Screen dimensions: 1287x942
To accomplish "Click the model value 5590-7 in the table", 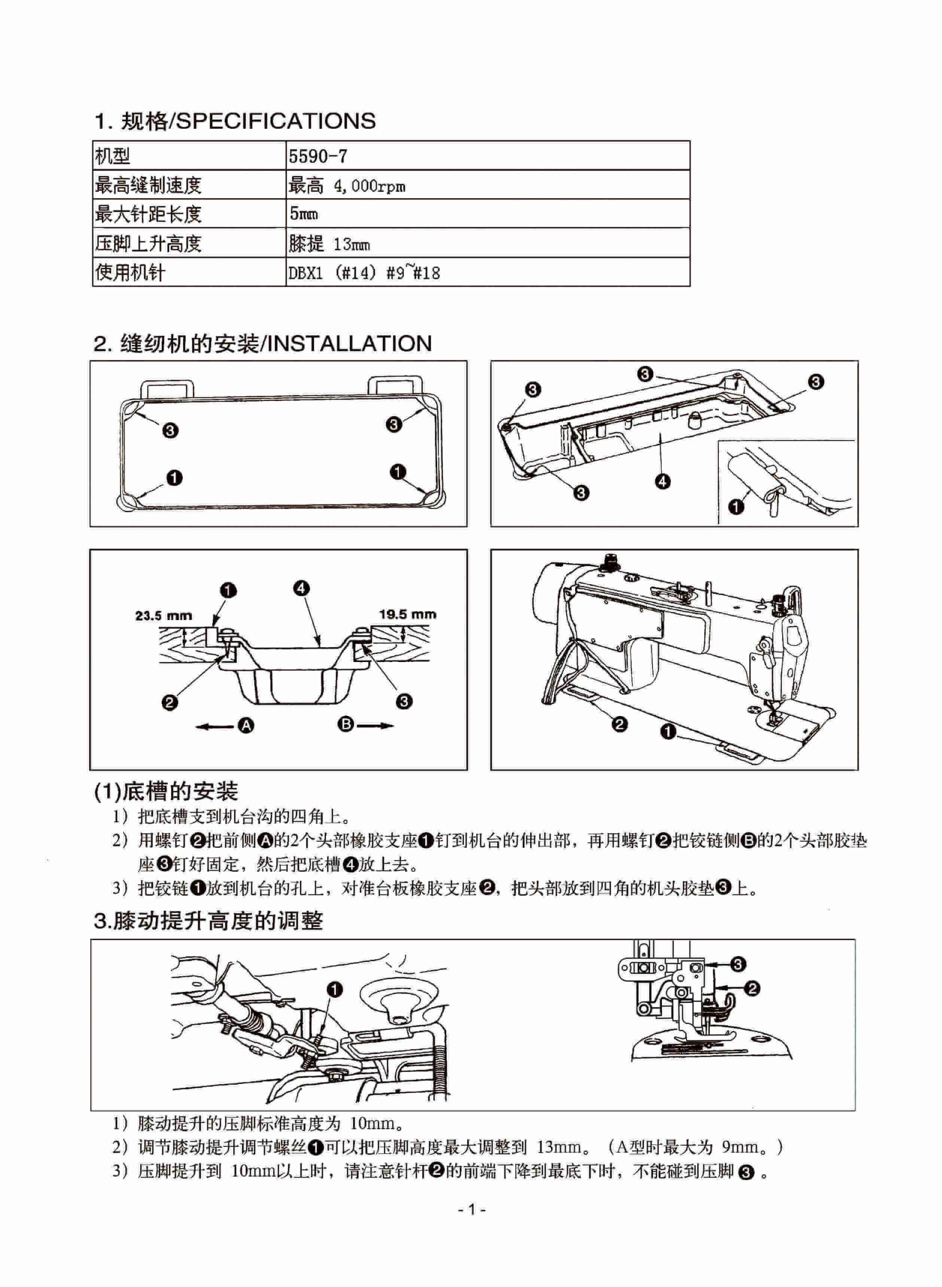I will click(317, 156).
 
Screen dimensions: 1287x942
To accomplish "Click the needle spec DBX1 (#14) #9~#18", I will click(364, 273).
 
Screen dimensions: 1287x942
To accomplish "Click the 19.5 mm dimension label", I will click(407, 614).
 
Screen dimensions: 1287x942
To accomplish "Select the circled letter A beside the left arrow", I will click(246, 725).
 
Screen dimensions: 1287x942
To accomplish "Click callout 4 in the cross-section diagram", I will click(302, 588).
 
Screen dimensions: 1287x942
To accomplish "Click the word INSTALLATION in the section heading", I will click(349, 343).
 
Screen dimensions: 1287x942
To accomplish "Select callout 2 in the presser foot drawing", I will click(752, 988).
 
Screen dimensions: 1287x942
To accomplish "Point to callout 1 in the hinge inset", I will click(736, 506).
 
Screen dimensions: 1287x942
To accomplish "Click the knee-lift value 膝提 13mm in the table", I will click(329, 244).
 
